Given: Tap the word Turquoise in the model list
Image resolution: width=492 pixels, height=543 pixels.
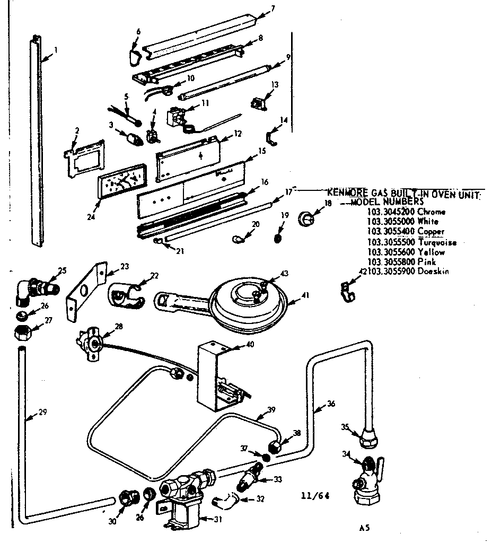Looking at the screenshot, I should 437,242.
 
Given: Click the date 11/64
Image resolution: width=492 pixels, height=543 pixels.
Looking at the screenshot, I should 315,496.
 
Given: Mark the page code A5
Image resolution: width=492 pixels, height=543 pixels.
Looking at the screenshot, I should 364,528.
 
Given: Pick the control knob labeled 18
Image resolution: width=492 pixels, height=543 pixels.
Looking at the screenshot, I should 306,217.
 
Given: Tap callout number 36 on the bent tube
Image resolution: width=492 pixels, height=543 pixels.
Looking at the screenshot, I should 331,403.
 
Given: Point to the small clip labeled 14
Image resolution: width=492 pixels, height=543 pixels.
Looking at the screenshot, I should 273,137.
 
